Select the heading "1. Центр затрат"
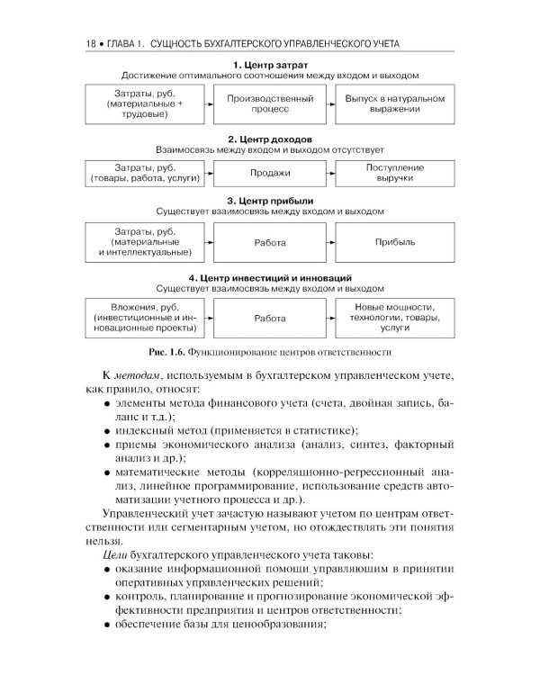270,65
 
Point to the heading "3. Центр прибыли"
270,200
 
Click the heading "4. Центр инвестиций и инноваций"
270,277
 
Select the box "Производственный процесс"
270,103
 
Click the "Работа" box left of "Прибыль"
270,242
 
